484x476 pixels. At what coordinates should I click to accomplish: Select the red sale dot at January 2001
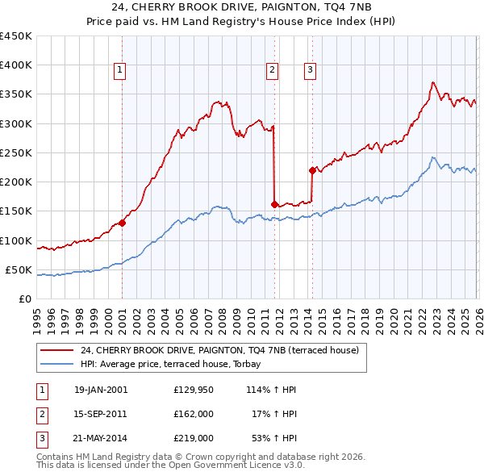122,223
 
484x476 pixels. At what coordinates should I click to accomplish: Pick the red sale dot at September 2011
275,204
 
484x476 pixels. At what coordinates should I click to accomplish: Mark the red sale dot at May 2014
312,170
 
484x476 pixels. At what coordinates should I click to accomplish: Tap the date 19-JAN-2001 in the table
101,390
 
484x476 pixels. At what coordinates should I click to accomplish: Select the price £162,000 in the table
193,414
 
